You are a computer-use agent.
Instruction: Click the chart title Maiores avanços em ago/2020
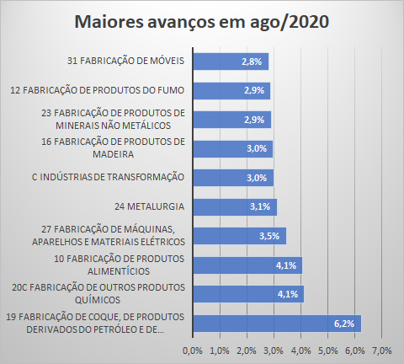202,22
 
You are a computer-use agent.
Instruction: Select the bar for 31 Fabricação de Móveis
231,62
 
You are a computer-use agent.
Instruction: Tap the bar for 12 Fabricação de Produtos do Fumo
231,91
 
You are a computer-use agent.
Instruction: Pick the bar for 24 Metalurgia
235,207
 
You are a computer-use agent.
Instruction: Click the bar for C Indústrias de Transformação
233,178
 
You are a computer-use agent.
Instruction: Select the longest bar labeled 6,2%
277,324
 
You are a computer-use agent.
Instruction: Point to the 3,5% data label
269,236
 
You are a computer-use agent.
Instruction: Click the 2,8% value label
252,62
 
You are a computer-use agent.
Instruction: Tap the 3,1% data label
260,206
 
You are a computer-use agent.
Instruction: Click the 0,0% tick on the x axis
193,351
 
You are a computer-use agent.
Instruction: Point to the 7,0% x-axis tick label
382,351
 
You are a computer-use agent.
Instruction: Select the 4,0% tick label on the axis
301,351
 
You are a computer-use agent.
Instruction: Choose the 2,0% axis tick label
247,351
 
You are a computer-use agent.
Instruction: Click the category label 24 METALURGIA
149,206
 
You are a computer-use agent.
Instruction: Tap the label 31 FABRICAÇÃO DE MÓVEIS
125,61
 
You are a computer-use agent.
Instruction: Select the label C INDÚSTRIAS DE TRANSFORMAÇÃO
108,177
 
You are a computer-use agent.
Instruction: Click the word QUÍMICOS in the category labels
98,300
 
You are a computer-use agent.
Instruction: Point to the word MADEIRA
114,154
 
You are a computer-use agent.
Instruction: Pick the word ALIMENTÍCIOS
119,271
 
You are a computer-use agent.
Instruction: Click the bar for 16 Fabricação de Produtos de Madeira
233,149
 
